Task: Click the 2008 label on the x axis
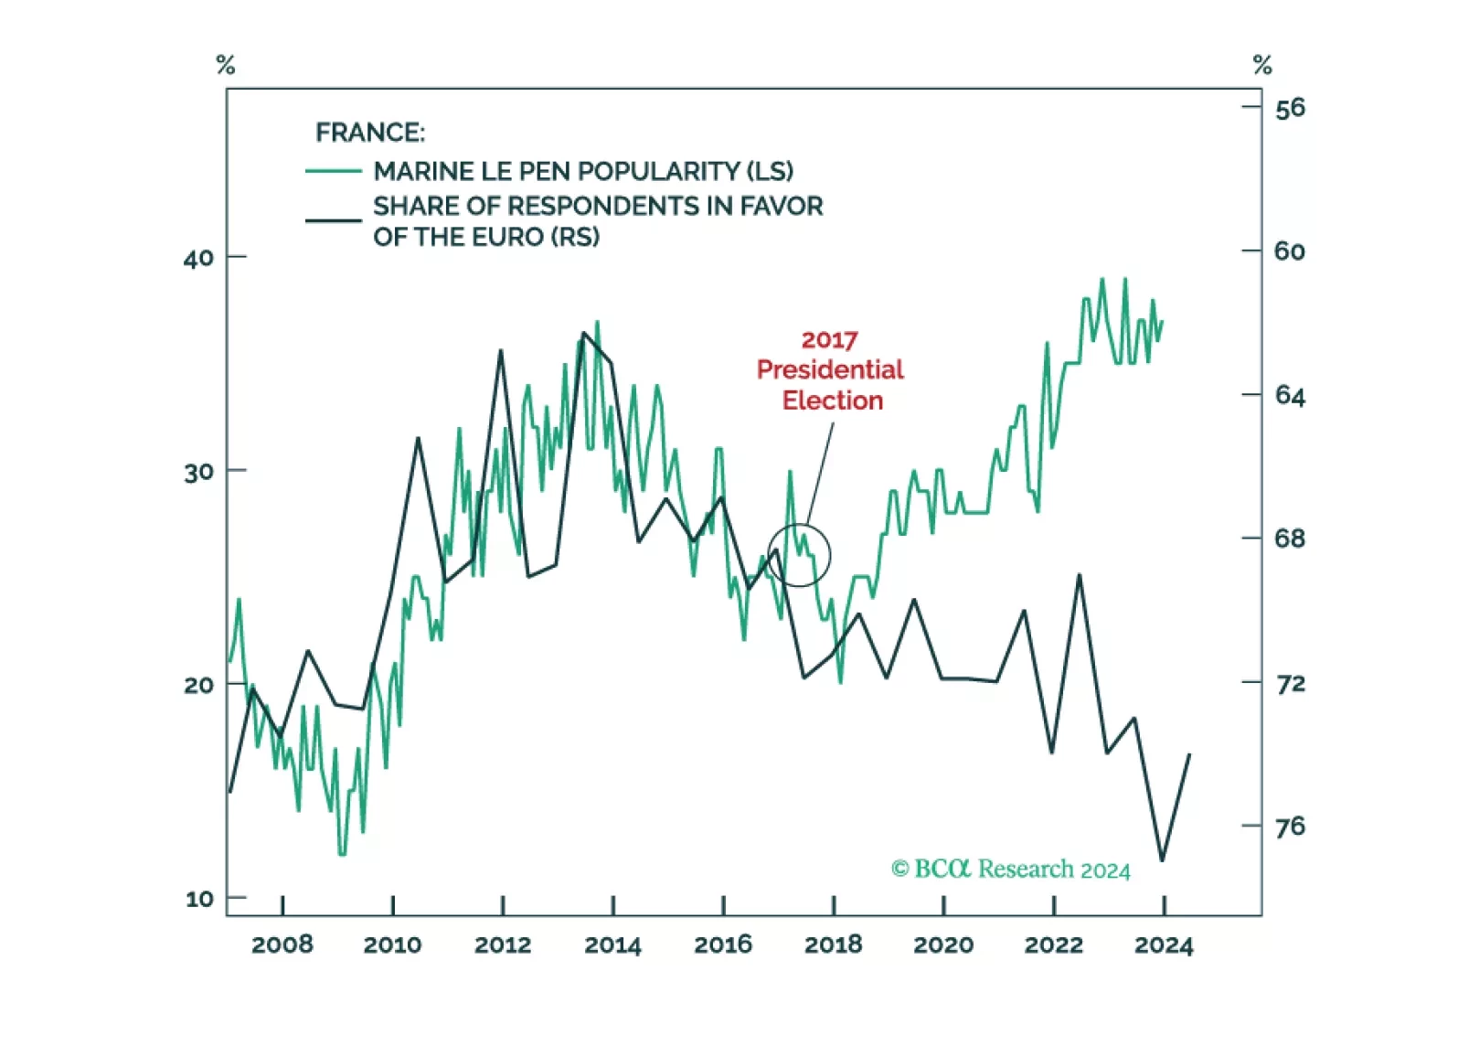282,945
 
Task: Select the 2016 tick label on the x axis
722,945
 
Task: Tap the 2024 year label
1163,945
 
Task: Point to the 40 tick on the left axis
198,258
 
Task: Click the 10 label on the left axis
199,899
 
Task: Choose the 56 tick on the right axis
1290,109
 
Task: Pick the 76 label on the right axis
1290,827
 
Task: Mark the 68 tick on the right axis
1290,539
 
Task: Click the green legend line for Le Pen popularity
333,171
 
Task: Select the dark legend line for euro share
333,220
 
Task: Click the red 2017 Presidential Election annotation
830,370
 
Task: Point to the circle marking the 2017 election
799,555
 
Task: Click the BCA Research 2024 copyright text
1010,869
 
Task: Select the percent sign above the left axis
226,65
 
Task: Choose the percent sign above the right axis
1262,65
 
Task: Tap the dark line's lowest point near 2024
1162,859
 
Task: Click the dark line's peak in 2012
501,350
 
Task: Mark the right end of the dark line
1189,755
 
